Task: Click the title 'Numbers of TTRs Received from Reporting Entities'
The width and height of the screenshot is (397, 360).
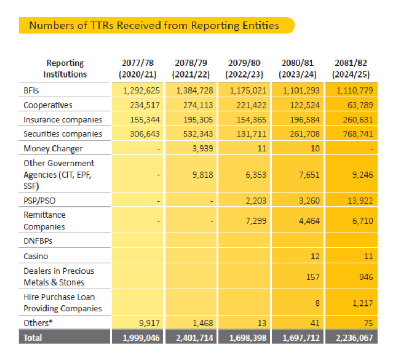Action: click(x=154, y=25)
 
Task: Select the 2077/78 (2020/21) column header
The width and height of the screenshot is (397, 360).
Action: click(x=138, y=68)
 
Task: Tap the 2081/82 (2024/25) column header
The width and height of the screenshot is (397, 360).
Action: click(x=351, y=68)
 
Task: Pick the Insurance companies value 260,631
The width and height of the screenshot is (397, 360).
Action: click(x=355, y=119)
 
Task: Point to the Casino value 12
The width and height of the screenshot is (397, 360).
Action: click(x=315, y=256)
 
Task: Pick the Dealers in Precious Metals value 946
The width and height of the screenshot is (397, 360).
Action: click(x=365, y=277)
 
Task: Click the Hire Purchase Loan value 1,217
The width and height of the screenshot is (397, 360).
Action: click(x=362, y=303)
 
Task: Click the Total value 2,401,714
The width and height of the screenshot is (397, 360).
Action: click(x=191, y=338)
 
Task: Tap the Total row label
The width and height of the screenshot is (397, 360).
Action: click(x=32, y=338)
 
